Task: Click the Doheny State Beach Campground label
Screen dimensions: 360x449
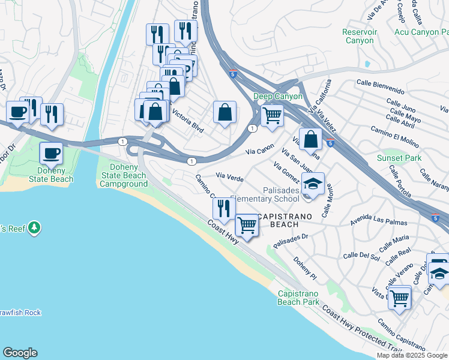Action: coord(127,175)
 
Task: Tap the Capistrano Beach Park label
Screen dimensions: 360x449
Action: coord(298,298)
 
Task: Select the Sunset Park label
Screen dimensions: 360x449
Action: coord(399,158)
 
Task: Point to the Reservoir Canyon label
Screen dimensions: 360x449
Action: coord(358,36)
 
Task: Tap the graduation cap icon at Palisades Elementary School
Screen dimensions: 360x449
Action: coord(313,183)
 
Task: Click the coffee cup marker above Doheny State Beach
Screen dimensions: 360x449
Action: coord(51,152)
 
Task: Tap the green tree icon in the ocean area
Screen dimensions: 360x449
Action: coord(35,227)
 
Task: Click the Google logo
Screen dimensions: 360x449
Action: coord(20,353)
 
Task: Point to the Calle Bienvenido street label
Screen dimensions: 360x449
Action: coord(381,87)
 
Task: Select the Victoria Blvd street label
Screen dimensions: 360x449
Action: coord(188,121)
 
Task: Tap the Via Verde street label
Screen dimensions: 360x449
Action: coord(229,178)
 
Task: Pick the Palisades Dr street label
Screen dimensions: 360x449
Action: coord(291,240)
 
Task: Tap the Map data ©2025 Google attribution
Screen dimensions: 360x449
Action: coord(412,355)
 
